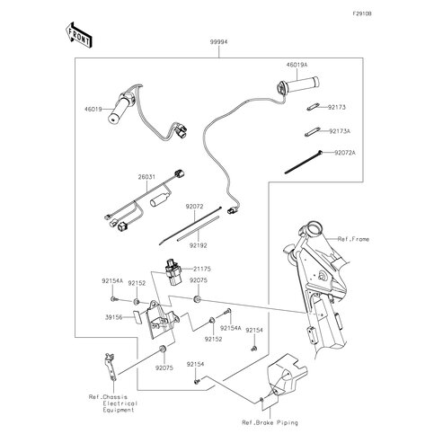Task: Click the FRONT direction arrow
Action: pyautogui.click(x=78, y=35)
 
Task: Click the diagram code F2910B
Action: pyautogui.click(x=362, y=13)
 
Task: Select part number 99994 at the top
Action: pyautogui.click(x=218, y=42)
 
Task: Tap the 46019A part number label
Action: pyautogui.click(x=297, y=65)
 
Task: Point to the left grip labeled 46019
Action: pyautogui.click(x=120, y=109)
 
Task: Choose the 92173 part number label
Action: pyautogui.click(x=337, y=107)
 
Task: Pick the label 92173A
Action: pyautogui.click(x=340, y=131)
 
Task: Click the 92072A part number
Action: pyautogui.click(x=345, y=153)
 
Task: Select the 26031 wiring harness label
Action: pyautogui.click(x=146, y=177)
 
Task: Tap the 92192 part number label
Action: pyautogui.click(x=198, y=245)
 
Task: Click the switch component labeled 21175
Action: pyautogui.click(x=173, y=272)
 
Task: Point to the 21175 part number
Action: pyautogui.click(x=202, y=269)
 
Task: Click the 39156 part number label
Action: pyautogui.click(x=114, y=317)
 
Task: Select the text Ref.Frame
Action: pyautogui.click(x=353, y=239)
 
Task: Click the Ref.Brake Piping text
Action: pyautogui.click(x=270, y=422)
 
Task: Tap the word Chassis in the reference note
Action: pyautogui.click(x=115, y=397)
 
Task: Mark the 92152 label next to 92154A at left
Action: pyautogui.click(x=137, y=283)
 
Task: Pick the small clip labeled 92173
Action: pyautogui.click(x=313, y=107)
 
